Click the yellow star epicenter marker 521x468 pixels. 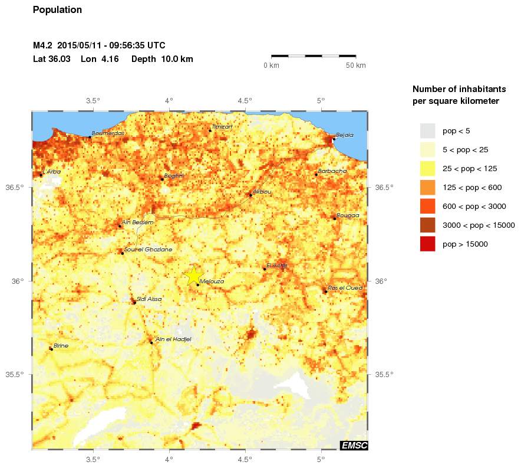194,275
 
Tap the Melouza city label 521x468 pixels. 212,282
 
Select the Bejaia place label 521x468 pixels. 344,135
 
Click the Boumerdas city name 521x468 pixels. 108,133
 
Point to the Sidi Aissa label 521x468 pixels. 149,300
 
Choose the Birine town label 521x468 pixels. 61,345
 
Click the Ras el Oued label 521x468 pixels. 345,288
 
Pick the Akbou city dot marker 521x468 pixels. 250,195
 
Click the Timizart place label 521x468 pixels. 222,127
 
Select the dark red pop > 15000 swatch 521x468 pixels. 427,244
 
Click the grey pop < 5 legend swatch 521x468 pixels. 427,130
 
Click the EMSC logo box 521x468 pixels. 354,446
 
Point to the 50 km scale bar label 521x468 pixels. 355,65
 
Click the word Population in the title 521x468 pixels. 57,10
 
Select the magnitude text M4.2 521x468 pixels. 43,45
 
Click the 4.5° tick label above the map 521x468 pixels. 245,100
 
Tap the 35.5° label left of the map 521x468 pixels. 17,374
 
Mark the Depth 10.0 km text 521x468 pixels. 162,59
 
